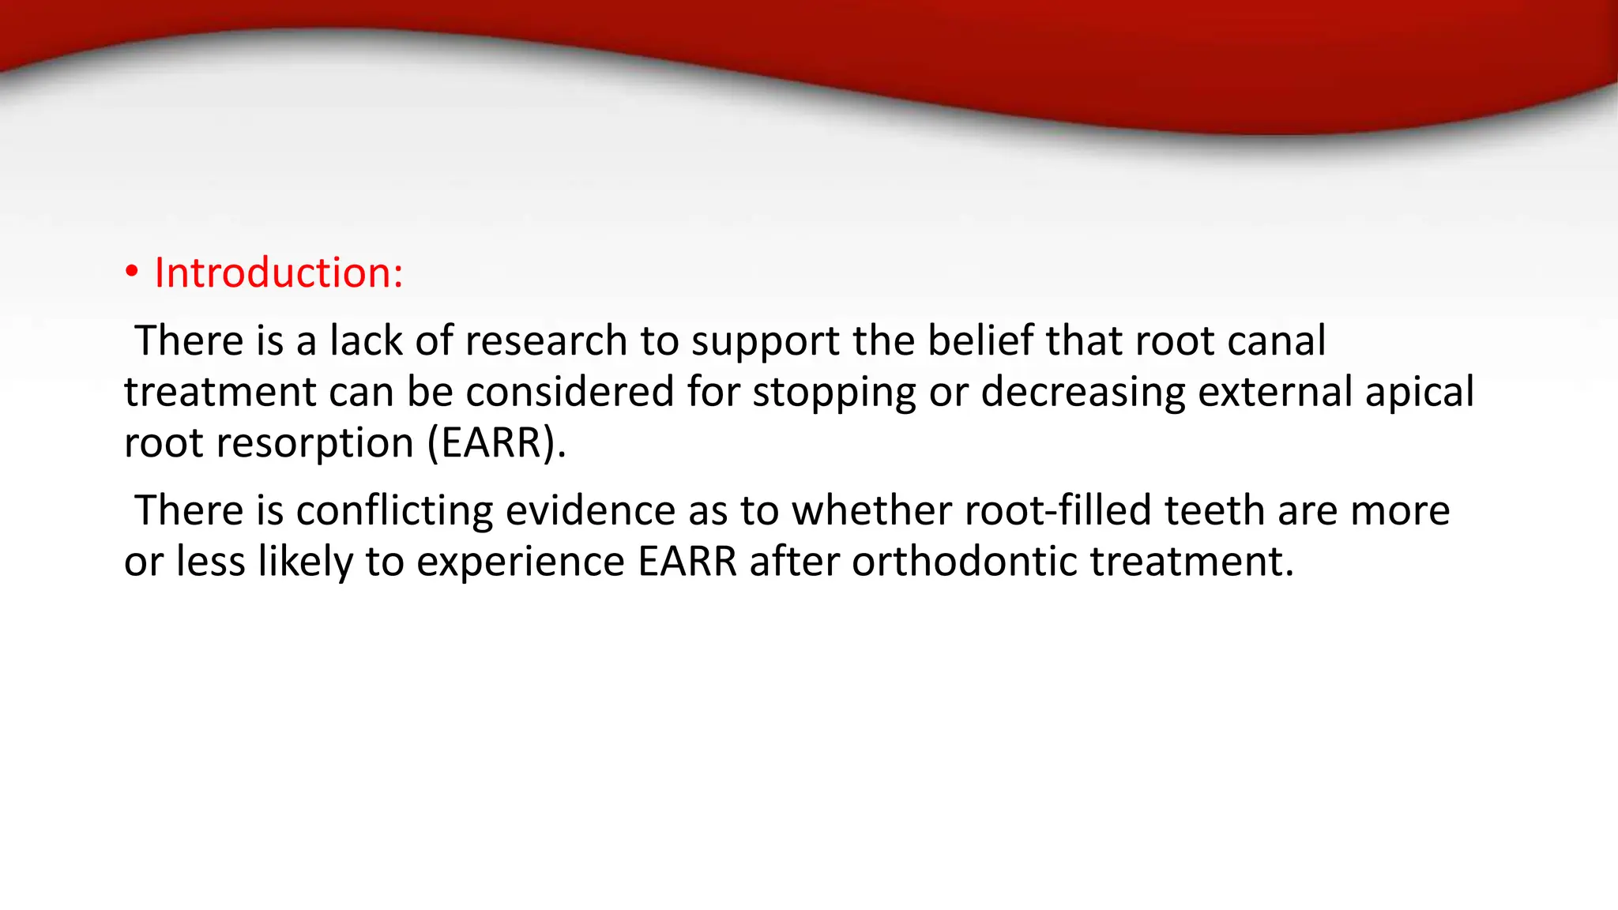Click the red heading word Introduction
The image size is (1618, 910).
(x=278, y=273)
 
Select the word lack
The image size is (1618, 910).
(x=366, y=341)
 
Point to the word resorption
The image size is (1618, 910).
(x=315, y=444)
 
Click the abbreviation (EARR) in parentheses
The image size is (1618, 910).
(x=496, y=443)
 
